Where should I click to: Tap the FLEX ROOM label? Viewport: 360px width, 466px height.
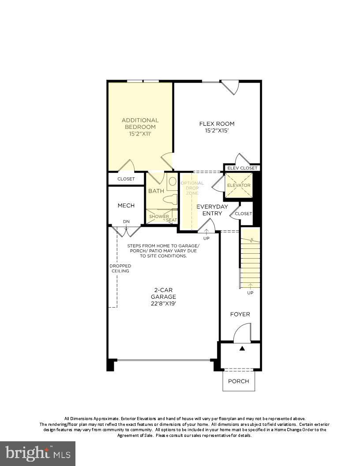click(x=217, y=124)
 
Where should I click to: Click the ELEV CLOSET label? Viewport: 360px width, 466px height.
click(x=242, y=168)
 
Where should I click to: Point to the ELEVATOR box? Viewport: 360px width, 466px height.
click(x=239, y=185)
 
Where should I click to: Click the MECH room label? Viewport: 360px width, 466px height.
click(x=126, y=205)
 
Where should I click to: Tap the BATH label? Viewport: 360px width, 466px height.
click(x=156, y=191)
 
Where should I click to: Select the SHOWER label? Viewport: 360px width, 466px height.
click(x=158, y=217)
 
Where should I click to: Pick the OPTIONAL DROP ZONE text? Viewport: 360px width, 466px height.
click(x=192, y=188)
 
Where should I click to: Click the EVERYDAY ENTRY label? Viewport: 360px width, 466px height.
click(x=212, y=210)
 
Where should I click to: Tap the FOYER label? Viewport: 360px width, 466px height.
click(x=240, y=314)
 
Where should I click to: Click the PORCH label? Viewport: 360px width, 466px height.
click(x=239, y=381)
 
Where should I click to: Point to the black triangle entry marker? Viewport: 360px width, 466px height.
click(x=242, y=349)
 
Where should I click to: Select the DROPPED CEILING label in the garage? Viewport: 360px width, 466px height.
click(x=120, y=268)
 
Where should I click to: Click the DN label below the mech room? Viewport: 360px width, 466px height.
click(x=126, y=222)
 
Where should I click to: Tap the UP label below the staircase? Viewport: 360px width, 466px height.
click(x=250, y=293)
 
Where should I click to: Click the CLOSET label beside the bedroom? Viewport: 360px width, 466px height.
click(x=126, y=179)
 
